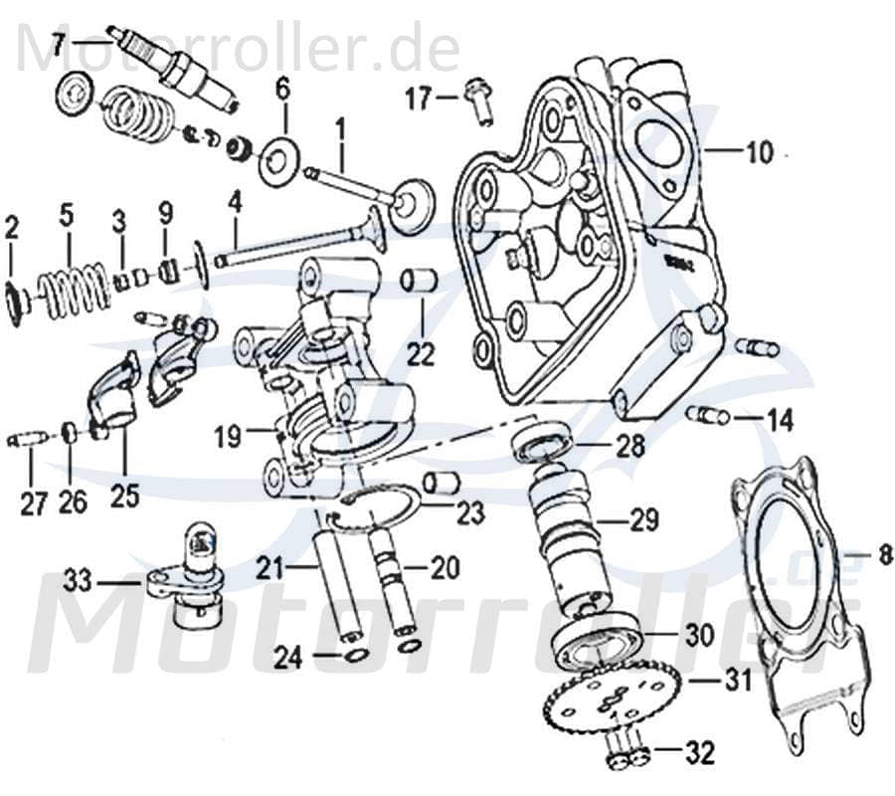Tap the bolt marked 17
481,102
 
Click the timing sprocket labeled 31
613,701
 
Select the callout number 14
779,420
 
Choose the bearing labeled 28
542,438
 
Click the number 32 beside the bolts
700,753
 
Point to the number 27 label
33,502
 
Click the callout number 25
124,495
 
